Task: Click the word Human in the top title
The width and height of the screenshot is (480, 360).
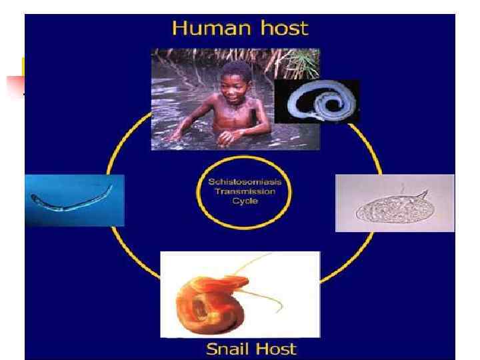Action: coord(203,29)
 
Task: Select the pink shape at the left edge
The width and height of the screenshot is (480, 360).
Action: coord(15,85)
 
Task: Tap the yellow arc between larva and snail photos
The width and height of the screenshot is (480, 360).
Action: coord(133,260)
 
